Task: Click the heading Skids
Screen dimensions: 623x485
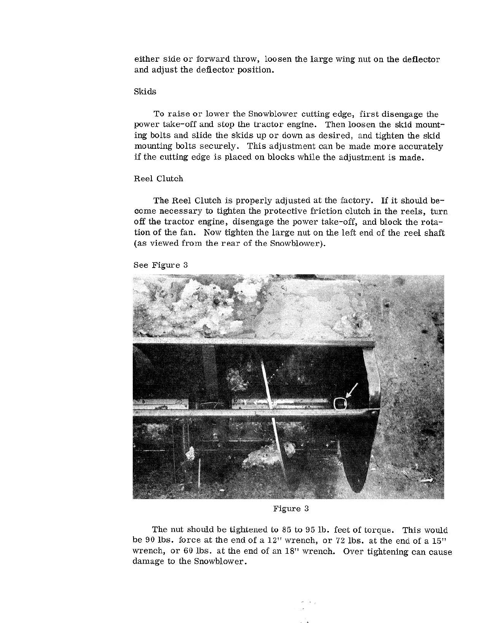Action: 145,92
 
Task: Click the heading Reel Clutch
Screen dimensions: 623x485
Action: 158,179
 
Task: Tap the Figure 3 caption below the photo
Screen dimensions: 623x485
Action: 291,509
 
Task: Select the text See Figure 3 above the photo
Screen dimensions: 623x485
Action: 160,265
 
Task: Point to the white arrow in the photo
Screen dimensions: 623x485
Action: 352,390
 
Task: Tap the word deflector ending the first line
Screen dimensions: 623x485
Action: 421,59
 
